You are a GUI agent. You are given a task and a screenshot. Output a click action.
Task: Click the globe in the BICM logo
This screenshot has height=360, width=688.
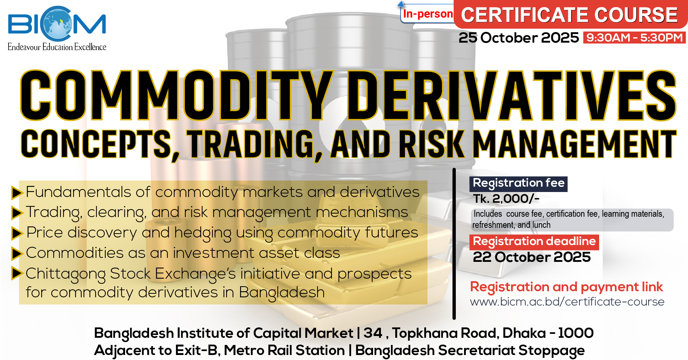click(x=57, y=23)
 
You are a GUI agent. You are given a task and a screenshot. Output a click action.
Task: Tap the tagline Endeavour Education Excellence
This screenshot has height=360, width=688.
click(x=57, y=47)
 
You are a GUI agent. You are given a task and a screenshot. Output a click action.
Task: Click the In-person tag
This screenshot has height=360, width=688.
click(x=427, y=14)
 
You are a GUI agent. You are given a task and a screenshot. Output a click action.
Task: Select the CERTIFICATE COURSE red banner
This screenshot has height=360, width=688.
click(x=569, y=15)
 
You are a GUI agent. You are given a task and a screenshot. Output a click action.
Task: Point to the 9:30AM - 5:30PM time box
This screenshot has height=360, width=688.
click(x=634, y=38)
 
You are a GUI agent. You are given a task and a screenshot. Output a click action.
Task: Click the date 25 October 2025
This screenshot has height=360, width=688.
click(x=519, y=38)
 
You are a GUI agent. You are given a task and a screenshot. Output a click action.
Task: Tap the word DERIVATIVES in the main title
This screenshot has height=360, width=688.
click(x=512, y=95)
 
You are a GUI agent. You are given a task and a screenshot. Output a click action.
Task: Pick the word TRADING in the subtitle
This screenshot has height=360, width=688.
click(x=255, y=144)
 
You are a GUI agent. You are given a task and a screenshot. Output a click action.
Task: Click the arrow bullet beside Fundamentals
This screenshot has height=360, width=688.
click(x=17, y=192)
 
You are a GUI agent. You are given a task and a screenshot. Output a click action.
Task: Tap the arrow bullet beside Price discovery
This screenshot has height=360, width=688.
click(x=17, y=233)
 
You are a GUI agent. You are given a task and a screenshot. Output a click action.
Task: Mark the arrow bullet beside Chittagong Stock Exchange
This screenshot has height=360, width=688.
click(x=17, y=273)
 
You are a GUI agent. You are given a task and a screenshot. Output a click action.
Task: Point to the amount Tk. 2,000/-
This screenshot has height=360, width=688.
click(x=506, y=199)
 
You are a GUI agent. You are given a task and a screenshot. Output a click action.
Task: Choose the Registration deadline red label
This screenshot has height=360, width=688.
click(x=534, y=242)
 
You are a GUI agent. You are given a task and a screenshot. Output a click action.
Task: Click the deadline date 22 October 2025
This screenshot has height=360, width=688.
click(x=532, y=257)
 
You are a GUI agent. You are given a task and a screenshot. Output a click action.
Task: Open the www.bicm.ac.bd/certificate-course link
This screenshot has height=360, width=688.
click(x=567, y=302)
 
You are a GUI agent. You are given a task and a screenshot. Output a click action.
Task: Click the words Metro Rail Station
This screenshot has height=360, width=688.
click(x=284, y=350)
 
